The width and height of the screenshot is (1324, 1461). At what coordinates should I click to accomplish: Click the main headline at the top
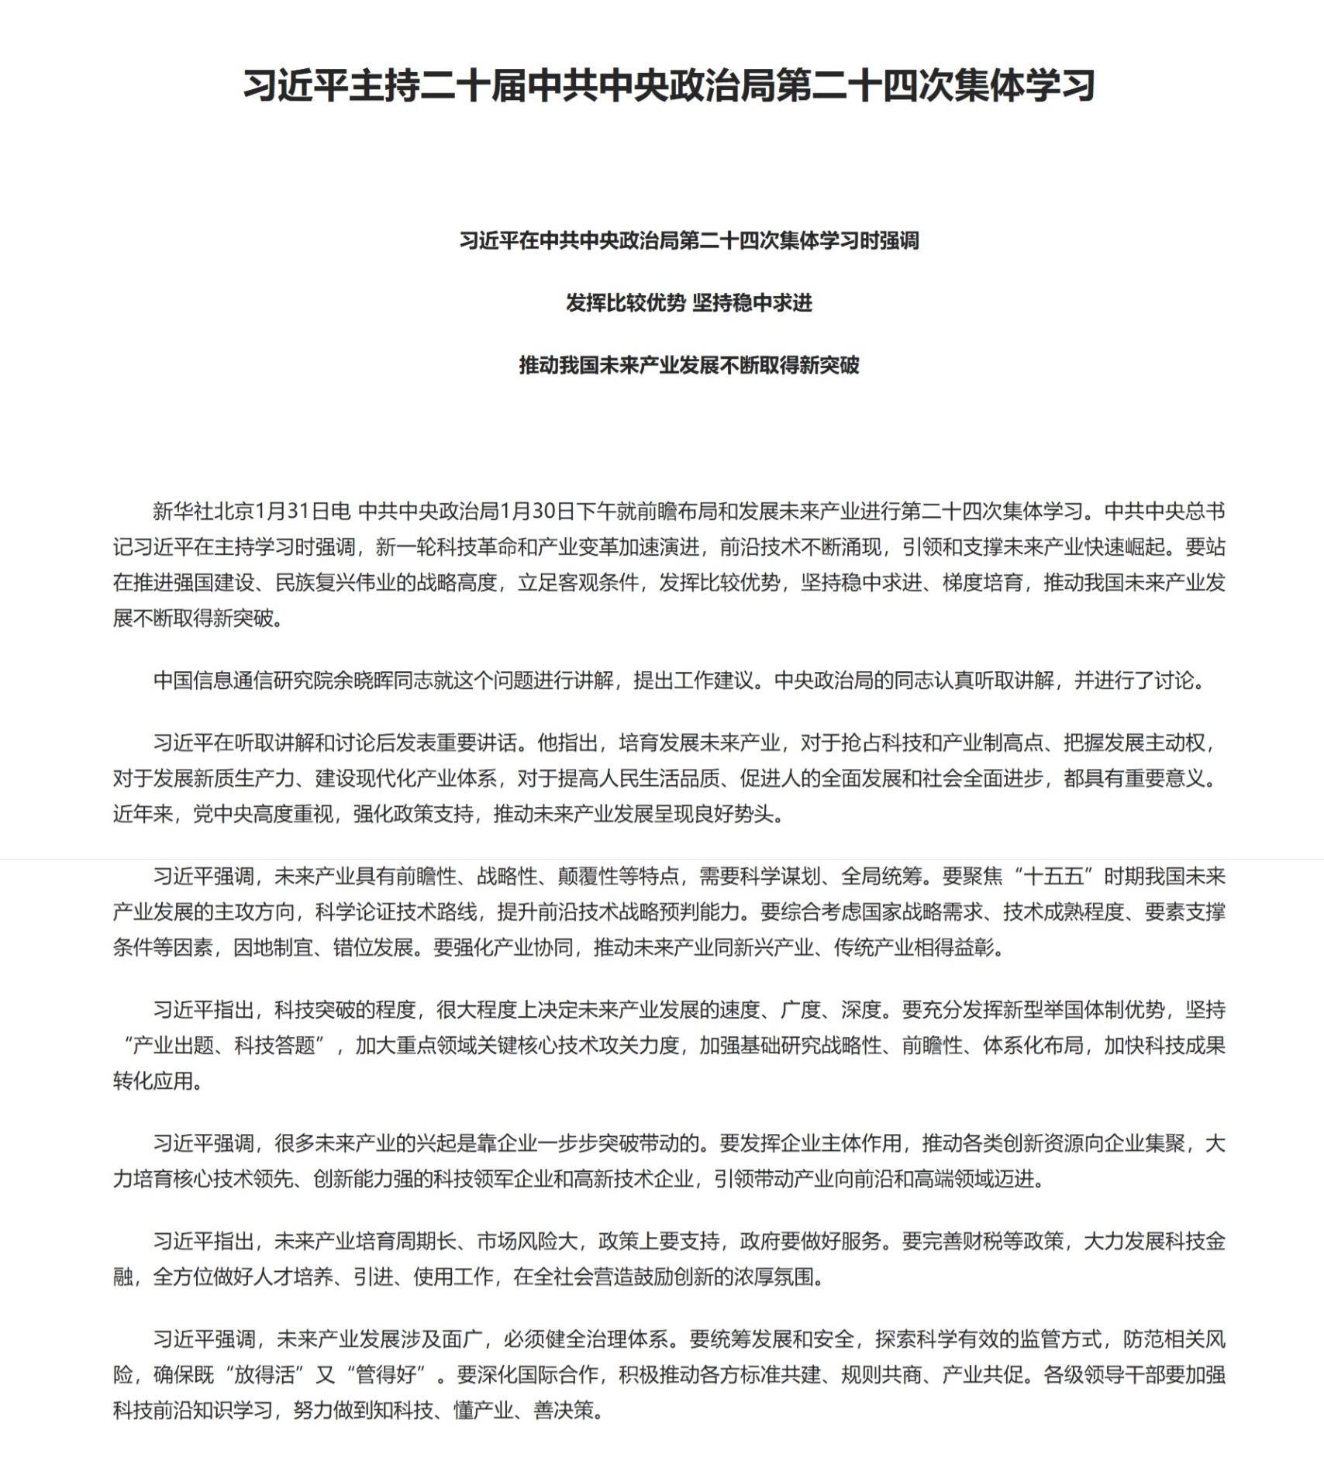[669, 85]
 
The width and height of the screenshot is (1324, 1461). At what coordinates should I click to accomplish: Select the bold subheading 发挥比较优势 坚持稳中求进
[688, 302]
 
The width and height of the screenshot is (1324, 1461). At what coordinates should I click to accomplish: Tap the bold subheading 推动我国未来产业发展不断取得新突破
[688, 364]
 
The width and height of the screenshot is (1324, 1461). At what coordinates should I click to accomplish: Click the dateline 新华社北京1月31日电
[252, 512]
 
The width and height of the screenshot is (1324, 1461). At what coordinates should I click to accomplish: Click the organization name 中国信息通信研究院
[243, 681]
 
